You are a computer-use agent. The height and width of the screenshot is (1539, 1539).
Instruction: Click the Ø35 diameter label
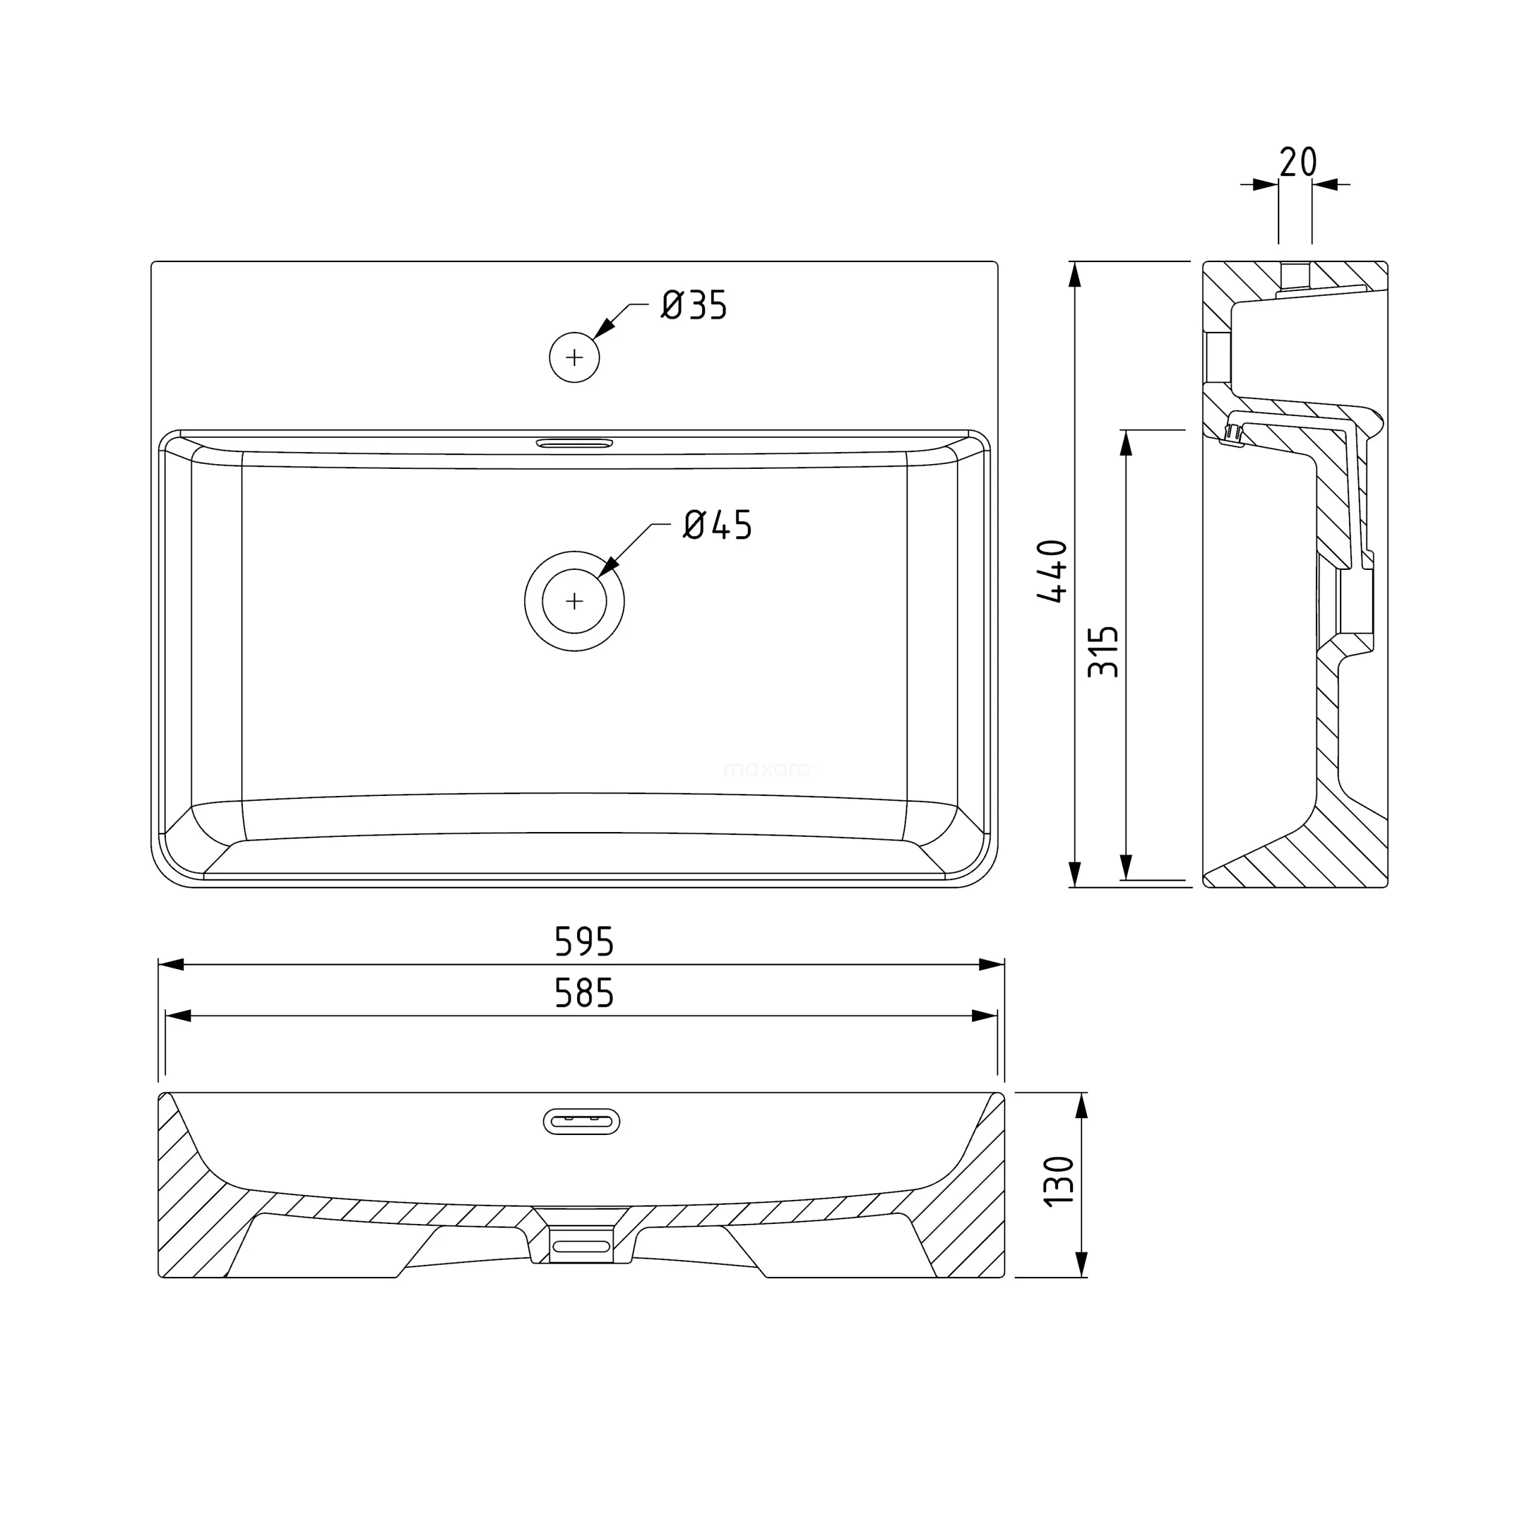coord(694,306)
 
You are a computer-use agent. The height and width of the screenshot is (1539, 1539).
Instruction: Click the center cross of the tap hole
coord(574,358)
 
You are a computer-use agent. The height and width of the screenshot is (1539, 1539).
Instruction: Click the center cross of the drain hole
coord(574,601)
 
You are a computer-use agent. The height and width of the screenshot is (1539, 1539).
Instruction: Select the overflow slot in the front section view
coord(581,1122)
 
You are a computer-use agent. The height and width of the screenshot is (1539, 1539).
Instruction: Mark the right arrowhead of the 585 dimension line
coord(985,1015)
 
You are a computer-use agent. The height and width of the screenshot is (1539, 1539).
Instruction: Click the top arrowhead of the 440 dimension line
coord(1074,275)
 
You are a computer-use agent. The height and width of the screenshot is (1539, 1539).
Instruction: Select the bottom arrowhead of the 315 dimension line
coord(1125,867)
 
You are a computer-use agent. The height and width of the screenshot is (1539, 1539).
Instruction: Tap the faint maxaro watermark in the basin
coord(766,769)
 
